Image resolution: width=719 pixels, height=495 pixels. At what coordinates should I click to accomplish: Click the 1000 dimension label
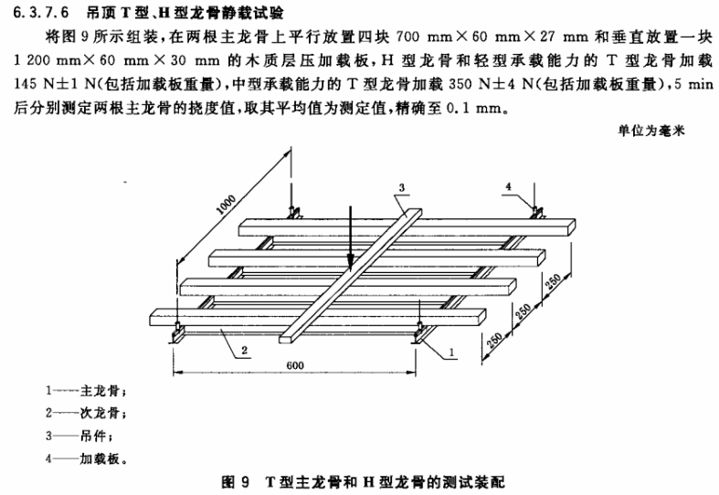pyautogui.click(x=226, y=205)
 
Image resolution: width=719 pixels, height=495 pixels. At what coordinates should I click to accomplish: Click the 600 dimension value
pyautogui.click(x=295, y=365)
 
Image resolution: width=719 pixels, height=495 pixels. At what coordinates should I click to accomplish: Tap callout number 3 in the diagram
pyautogui.click(x=402, y=187)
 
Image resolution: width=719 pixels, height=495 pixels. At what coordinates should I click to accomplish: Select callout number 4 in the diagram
pyautogui.click(x=508, y=186)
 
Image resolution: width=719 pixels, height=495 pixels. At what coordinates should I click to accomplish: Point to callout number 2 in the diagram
pyautogui.click(x=245, y=350)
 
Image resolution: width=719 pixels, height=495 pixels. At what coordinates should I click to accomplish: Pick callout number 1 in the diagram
pyautogui.click(x=451, y=352)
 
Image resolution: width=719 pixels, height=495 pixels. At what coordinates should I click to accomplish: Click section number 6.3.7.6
pyautogui.click(x=41, y=13)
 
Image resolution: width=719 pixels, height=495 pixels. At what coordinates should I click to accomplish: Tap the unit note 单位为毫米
pyautogui.click(x=651, y=131)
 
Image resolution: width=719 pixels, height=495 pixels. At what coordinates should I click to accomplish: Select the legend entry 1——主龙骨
pyautogui.click(x=85, y=391)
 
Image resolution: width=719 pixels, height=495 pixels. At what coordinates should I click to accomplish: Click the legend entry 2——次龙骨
pyautogui.click(x=85, y=413)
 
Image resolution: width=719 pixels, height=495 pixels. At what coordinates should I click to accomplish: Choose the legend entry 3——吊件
pyautogui.click(x=79, y=436)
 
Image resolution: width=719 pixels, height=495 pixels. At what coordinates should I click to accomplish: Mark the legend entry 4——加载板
pyautogui.click(x=86, y=458)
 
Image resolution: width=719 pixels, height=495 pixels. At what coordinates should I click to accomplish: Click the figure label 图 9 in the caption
pyautogui.click(x=235, y=482)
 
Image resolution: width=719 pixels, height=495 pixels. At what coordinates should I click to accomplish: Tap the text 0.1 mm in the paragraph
pyautogui.click(x=473, y=109)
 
